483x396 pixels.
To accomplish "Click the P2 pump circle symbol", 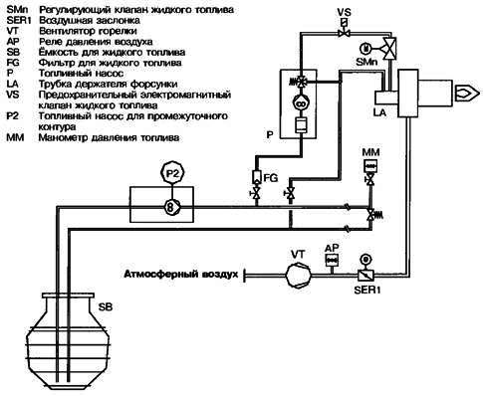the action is [172, 173].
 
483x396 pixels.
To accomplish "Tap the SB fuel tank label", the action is [106, 306].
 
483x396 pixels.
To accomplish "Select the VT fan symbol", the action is [299, 275].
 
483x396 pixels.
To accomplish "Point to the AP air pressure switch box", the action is [332, 261].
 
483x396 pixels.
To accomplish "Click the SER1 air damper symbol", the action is [365, 275].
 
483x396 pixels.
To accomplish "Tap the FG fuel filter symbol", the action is [257, 177].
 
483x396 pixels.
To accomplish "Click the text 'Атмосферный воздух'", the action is [181, 275].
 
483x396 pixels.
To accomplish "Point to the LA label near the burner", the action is [379, 112].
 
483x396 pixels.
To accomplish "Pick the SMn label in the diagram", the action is [366, 62].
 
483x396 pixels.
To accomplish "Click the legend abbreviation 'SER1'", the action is [19, 21].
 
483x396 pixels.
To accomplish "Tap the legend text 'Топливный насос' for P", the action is [82, 74].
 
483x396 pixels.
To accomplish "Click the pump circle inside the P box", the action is [302, 103].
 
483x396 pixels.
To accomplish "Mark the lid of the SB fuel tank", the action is [68, 295].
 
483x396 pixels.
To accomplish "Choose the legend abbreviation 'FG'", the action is [13, 63].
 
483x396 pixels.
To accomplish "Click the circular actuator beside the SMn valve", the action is [365, 49].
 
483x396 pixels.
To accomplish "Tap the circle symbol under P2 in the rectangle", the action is [171, 207].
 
